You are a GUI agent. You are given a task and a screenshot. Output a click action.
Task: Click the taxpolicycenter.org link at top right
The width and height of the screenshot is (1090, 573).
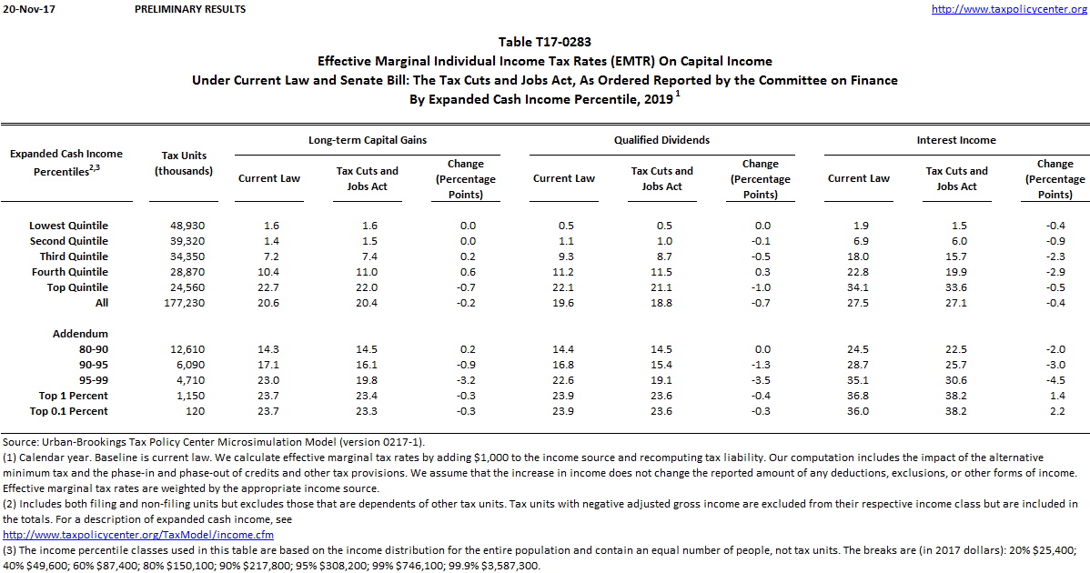click(1010, 9)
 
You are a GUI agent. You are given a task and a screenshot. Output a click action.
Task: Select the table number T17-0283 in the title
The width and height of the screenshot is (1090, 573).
click(545, 43)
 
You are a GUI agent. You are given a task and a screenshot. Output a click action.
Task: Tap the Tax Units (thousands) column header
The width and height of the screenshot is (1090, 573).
click(184, 163)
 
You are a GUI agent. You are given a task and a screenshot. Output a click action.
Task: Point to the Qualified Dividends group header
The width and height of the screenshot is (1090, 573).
click(661, 140)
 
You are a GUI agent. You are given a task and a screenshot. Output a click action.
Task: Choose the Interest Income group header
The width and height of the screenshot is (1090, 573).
click(956, 140)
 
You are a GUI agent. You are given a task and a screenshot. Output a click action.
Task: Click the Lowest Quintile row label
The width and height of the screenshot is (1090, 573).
click(68, 226)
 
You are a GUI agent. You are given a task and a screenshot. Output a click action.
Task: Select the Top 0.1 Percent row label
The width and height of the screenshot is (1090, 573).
click(68, 411)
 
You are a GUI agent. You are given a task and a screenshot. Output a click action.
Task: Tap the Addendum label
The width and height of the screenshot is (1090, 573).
click(80, 334)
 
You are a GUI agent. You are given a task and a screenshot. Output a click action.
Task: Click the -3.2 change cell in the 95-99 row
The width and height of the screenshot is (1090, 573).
click(466, 380)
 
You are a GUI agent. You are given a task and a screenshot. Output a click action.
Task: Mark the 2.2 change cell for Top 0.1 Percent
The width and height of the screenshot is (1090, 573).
click(1055, 411)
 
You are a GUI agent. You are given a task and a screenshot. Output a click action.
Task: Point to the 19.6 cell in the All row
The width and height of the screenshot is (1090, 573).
click(563, 303)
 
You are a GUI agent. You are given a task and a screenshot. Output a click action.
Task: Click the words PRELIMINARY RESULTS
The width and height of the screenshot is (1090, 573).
click(189, 9)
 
